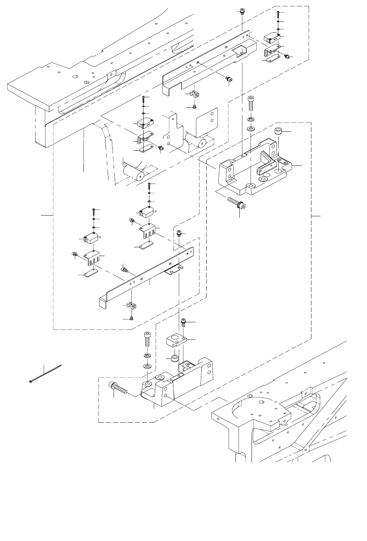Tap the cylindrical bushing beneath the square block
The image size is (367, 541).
pyautogui.click(x=174, y=358)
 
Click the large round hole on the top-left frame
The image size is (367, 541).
pyautogui.click(x=75, y=77)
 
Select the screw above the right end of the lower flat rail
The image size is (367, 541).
pyautogui.click(x=179, y=233)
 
